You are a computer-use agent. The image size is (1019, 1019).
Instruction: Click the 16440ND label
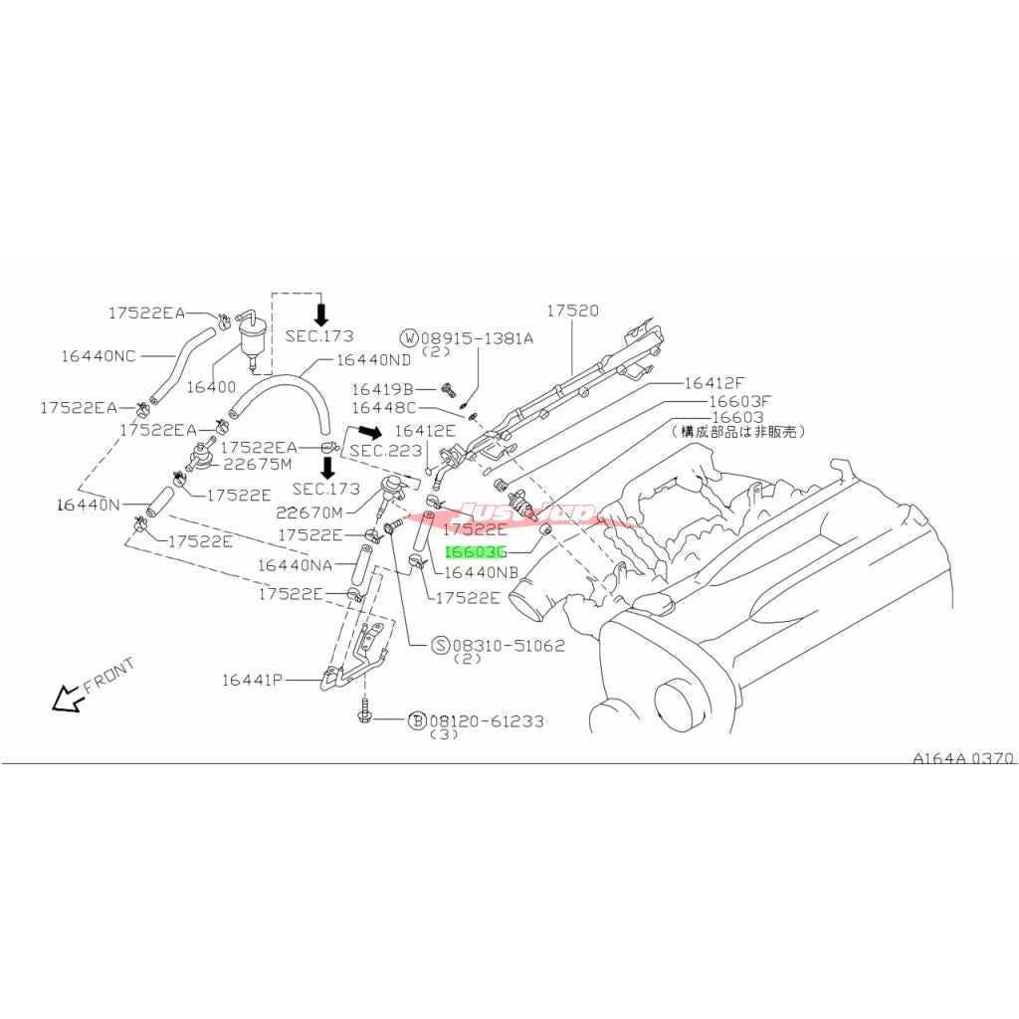click(373, 359)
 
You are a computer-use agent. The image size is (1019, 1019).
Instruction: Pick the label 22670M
click(308, 512)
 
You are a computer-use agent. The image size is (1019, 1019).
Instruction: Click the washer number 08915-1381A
click(476, 338)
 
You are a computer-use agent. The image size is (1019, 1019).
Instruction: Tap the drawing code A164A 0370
click(963, 758)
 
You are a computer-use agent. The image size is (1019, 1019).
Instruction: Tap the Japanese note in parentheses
click(738, 432)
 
